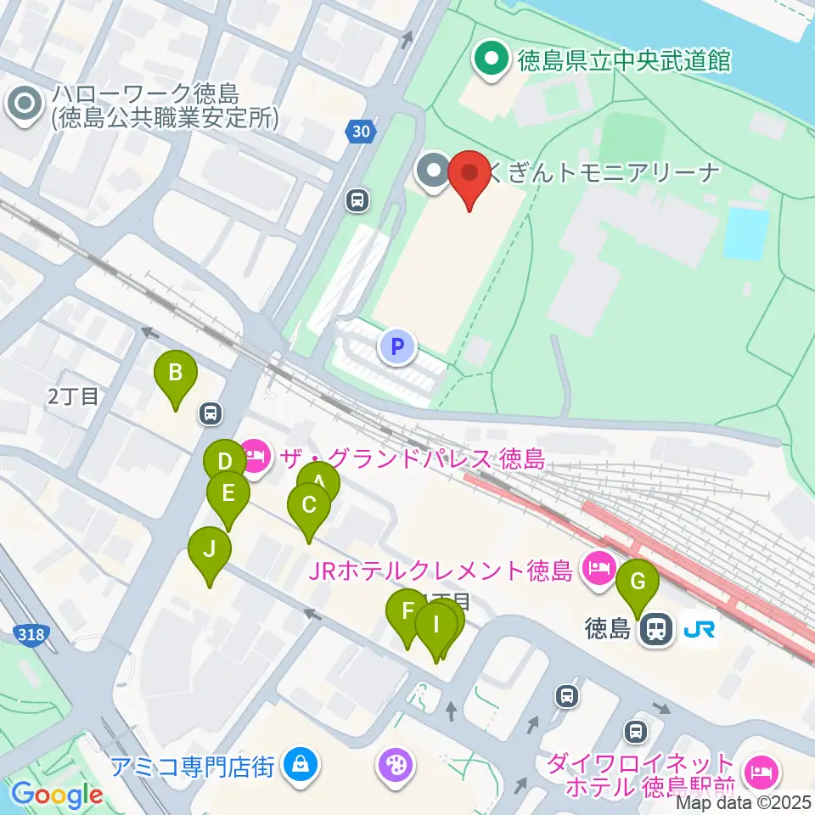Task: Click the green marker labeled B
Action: (176, 374)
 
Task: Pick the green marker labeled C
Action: (308, 507)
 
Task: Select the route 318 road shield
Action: (31, 635)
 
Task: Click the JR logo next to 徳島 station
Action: (699, 629)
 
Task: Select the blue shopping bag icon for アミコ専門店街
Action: (299, 764)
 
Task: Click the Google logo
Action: (58, 795)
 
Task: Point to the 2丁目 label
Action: (73, 396)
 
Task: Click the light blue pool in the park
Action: (747, 233)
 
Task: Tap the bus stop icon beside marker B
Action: (210, 413)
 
